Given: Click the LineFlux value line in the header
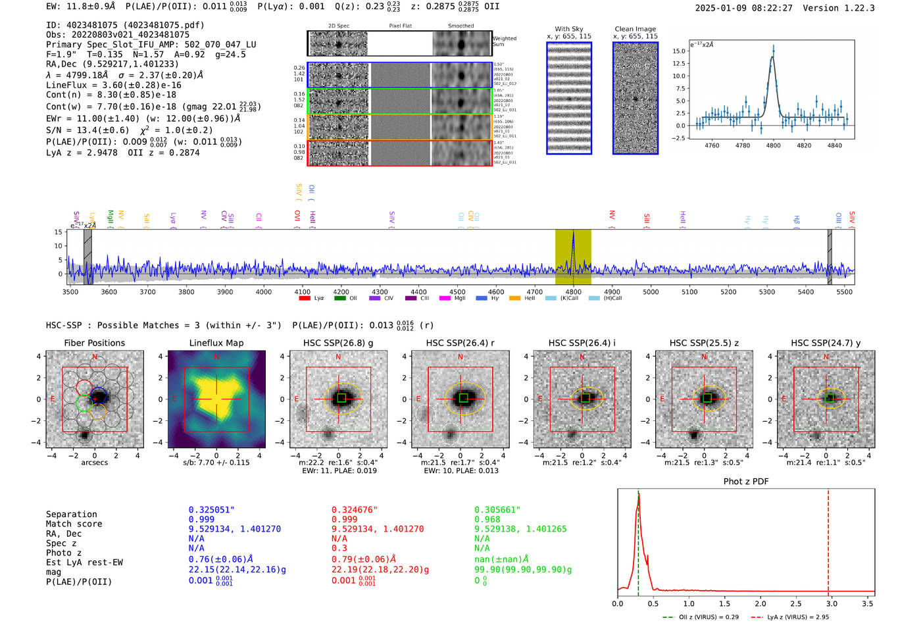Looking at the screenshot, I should tap(113, 85).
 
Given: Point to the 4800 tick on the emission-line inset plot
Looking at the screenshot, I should tap(773, 145).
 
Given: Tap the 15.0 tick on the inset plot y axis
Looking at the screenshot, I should tap(679, 51).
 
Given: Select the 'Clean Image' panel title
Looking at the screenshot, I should tap(635, 29).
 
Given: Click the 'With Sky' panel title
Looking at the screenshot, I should tap(568, 29).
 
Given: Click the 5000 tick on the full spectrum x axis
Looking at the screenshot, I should tap(651, 291).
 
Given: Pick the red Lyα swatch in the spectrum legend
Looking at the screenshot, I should tap(305, 298).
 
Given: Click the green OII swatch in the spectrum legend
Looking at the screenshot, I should tap(339, 298).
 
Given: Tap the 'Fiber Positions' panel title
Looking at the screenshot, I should tap(94, 343).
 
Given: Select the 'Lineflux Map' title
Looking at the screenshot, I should tap(216, 343).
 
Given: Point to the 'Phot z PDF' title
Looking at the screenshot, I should tap(746, 481).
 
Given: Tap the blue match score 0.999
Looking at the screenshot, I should tap(201, 519).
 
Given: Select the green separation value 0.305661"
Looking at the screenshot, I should tap(497, 509).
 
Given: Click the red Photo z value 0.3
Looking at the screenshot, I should tap(339, 548).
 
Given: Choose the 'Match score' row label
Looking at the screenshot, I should tap(74, 524).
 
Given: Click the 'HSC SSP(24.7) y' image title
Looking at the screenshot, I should tap(826, 343).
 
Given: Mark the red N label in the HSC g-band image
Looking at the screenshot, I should tap(338, 357).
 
